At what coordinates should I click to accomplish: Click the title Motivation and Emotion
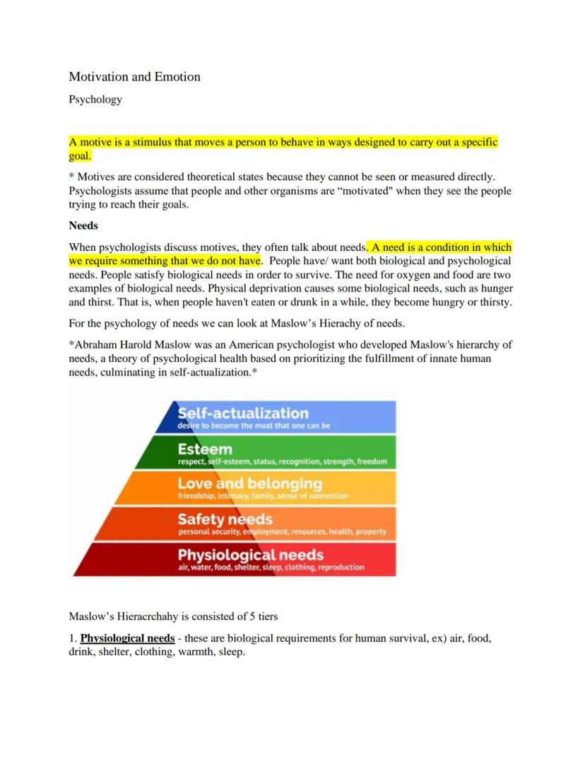point(134,77)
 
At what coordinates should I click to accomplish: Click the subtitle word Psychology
point(95,100)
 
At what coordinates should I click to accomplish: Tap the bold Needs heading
point(83,226)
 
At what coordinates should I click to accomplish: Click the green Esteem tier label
point(205,450)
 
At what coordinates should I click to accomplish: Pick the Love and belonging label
point(249,483)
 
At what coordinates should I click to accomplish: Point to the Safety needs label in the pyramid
point(225,520)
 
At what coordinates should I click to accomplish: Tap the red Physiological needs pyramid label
point(250,554)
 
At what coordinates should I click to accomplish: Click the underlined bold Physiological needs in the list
point(127,638)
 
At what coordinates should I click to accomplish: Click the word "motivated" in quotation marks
point(346,191)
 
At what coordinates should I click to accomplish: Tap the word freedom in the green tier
point(372,462)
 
